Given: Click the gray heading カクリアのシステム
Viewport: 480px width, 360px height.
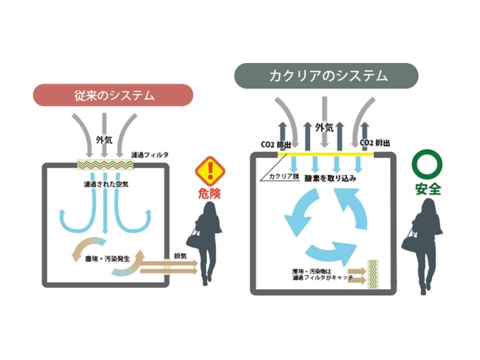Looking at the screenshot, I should click(328, 76).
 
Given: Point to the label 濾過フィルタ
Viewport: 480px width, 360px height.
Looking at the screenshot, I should click(149, 155).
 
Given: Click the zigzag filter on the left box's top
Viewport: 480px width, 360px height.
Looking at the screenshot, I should click(104, 164).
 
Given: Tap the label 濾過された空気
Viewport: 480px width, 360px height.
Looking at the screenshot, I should click(103, 183).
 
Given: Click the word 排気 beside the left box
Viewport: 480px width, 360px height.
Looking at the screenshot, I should click(179, 255).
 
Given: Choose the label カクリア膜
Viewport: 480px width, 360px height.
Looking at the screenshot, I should click(282, 176).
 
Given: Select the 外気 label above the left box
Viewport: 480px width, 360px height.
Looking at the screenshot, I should click(103, 141).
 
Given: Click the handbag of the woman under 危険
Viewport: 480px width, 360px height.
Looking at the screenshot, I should click(194, 238).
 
